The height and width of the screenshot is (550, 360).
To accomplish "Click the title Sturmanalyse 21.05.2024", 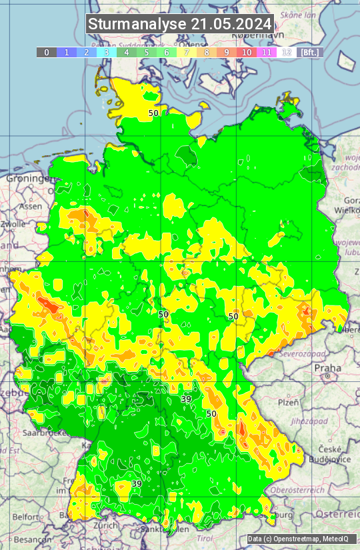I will pyautogui.click(x=180, y=24).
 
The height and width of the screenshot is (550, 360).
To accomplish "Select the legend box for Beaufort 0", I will pyautogui.click(x=47, y=52).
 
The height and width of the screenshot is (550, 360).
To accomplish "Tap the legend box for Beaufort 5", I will pyautogui.click(x=147, y=52).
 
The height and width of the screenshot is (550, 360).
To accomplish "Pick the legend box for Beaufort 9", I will pyautogui.click(x=227, y=52).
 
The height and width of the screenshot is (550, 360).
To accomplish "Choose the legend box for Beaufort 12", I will pyautogui.click(x=287, y=52).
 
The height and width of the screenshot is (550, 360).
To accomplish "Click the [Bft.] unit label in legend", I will pyautogui.click(x=310, y=52).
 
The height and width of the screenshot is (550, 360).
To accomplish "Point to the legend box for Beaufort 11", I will pyautogui.click(x=267, y=52).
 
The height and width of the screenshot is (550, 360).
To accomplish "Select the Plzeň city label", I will pyautogui.click(x=288, y=402).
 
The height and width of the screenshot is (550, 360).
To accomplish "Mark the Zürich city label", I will pyautogui.click(x=106, y=525).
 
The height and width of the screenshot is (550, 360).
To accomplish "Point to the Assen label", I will pyautogui.click(x=31, y=207).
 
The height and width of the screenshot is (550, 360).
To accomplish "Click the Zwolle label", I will pyautogui.click(x=13, y=224).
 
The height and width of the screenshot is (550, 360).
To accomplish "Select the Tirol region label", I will pyautogui.click(x=205, y=537).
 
